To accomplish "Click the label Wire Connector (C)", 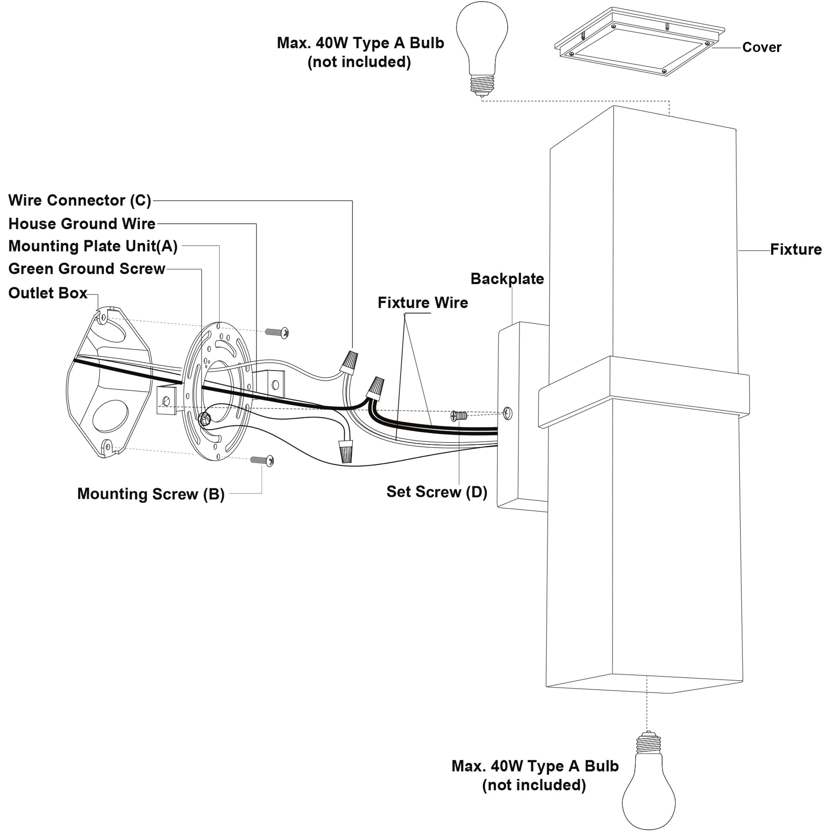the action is [80, 201].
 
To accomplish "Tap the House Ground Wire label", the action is [82, 224].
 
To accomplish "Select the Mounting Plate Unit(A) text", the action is [93, 246].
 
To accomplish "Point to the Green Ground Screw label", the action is [87, 269].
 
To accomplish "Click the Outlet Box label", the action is [48, 293].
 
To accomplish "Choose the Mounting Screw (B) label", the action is [151, 494].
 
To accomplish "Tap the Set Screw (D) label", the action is [437, 492].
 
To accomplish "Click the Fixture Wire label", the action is [423, 303].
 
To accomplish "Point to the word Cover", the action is [761, 47].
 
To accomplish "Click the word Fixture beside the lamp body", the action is [795, 249].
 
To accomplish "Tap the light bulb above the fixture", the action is [482, 48].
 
